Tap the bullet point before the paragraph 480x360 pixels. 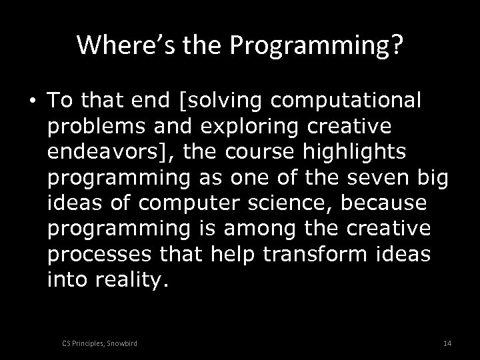coord(33,101)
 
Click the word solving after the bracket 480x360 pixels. coord(225,101)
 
